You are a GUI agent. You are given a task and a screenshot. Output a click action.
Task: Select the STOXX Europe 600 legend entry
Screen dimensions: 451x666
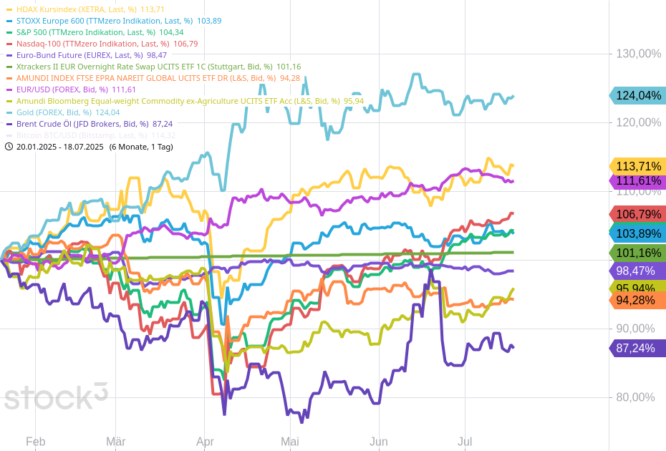click(x=100, y=21)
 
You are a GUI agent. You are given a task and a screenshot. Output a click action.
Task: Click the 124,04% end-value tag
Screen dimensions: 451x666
click(x=637, y=95)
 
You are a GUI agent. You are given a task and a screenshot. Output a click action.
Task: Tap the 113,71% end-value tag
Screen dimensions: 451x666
click(x=637, y=166)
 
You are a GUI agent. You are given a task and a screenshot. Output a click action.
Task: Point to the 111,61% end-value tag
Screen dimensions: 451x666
click(x=637, y=181)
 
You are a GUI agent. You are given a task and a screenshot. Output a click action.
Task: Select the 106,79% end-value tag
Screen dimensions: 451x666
click(x=637, y=214)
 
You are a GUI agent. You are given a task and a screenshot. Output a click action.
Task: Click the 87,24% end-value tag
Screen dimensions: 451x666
click(x=637, y=349)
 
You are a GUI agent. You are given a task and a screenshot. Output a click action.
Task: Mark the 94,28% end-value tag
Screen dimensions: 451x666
click(x=637, y=301)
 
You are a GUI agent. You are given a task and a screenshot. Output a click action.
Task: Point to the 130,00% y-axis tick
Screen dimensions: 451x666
click(x=638, y=54)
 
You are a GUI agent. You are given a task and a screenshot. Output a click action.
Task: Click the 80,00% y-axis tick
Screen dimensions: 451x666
click(x=638, y=397)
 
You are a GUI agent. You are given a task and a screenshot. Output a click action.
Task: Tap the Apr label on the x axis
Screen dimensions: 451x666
click(x=205, y=442)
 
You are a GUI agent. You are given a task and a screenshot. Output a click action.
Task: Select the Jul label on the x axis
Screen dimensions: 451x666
click(x=465, y=442)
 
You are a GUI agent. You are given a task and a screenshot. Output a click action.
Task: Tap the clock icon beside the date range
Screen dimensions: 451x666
click(x=9, y=147)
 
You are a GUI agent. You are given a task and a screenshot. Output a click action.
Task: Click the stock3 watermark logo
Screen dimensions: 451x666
click(x=56, y=397)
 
